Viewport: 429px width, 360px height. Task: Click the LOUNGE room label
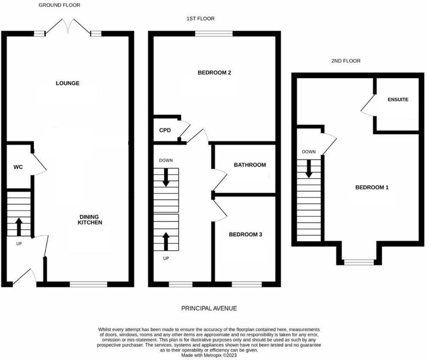(x=67, y=83)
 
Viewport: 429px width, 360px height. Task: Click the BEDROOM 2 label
(x=214, y=72)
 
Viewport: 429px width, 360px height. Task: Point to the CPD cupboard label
(x=165, y=130)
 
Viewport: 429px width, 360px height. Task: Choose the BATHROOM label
(x=250, y=165)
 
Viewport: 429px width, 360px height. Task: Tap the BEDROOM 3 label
(x=245, y=234)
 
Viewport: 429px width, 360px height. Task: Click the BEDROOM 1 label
(x=372, y=187)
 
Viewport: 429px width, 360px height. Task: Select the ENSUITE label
(x=398, y=99)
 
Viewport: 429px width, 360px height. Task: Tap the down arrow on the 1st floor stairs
(x=166, y=177)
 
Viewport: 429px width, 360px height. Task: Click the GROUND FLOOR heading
(x=59, y=5)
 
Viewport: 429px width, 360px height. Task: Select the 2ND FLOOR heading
(x=346, y=61)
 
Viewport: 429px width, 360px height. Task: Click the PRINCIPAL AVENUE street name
(x=209, y=308)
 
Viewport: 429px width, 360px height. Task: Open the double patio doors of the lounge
(x=69, y=26)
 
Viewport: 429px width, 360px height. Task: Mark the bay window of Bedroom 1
(x=359, y=262)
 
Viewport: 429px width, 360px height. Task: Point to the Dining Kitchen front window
(x=88, y=284)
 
